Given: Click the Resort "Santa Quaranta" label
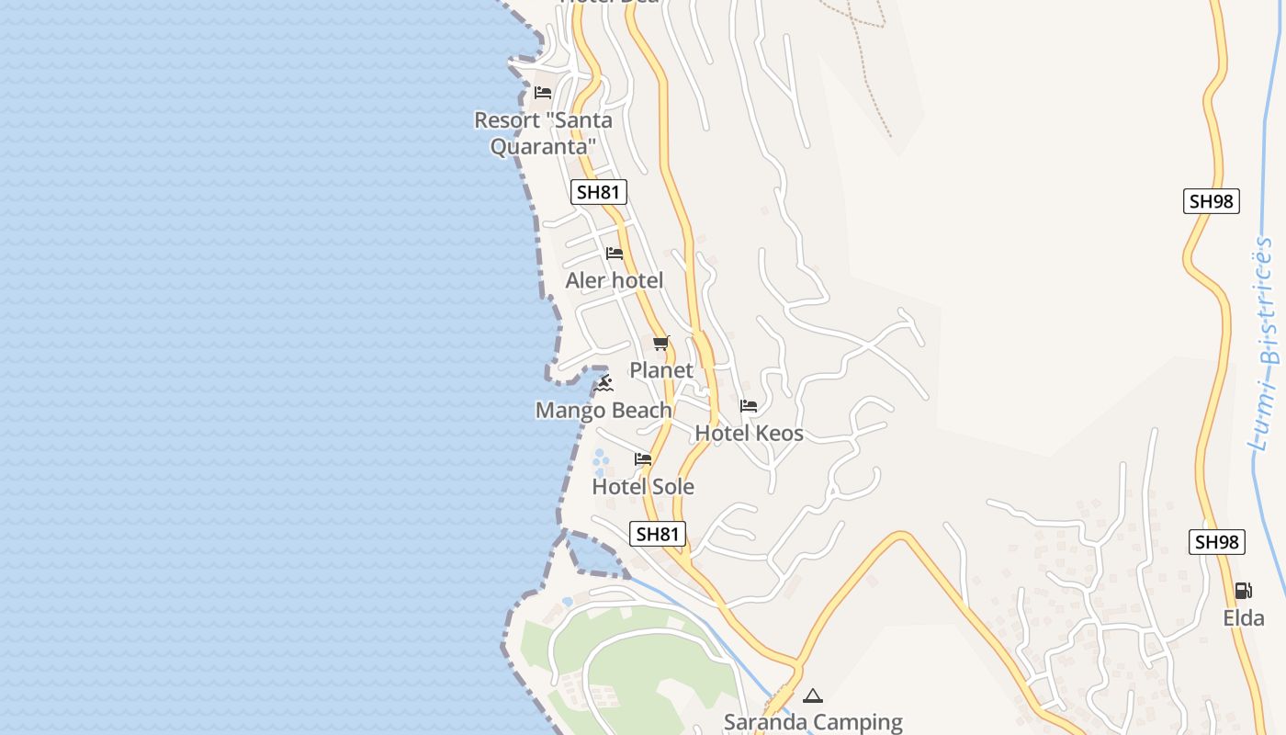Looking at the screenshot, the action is (543, 133).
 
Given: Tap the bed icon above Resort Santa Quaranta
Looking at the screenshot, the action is (543, 93).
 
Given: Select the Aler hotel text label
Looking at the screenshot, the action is (614, 280).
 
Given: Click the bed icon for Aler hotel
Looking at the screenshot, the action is (615, 254).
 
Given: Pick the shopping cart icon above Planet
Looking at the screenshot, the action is (660, 344).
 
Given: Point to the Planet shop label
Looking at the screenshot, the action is (660, 370).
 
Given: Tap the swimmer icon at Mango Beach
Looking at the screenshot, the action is (603, 383).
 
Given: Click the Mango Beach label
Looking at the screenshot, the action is (604, 410).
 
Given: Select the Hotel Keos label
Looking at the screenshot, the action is (749, 433).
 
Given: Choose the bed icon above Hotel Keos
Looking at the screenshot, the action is (749, 406).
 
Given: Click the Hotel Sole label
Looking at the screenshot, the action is (643, 486).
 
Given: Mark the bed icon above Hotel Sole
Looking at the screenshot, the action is (643, 459).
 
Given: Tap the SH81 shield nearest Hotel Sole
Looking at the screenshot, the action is (658, 534).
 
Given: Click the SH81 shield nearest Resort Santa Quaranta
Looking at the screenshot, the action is (598, 192).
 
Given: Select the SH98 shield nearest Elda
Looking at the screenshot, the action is (1217, 542).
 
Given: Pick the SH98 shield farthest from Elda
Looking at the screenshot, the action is (1211, 201).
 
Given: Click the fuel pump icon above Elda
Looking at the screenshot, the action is (1243, 591).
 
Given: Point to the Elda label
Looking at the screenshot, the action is (1244, 618).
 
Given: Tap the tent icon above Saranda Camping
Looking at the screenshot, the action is (812, 696).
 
